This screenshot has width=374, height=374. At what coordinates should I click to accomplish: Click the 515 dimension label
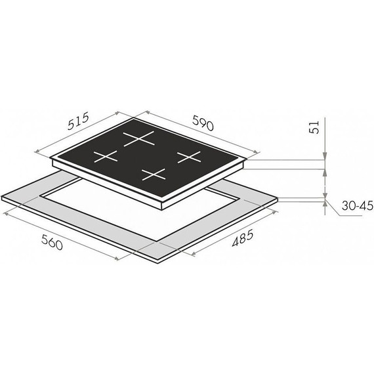(x=78, y=121)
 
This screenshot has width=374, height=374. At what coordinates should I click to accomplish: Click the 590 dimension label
(x=203, y=123)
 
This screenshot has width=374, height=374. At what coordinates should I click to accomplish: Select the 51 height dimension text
(x=314, y=127)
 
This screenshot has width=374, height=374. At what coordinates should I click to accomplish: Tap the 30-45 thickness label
(x=358, y=205)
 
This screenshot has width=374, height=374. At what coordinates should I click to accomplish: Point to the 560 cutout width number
(x=52, y=242)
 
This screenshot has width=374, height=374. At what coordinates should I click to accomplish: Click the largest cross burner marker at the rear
(x=138, y=138)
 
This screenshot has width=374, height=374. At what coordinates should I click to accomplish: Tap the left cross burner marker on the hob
(x=106, y=156)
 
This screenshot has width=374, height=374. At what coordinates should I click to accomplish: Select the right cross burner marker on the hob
(x=189, y=157)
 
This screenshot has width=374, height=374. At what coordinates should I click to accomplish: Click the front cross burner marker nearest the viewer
(x=154, y=175)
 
